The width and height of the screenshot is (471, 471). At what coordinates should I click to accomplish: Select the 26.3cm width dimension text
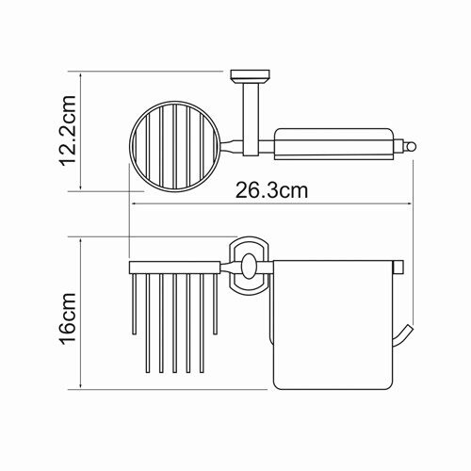[270, 190]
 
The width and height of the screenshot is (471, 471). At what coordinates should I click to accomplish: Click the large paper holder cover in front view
[332, 325]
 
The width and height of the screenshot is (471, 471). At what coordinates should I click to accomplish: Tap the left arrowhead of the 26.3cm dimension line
[134, 205]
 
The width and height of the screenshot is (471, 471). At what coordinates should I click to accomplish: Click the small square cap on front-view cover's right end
[399, 267]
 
